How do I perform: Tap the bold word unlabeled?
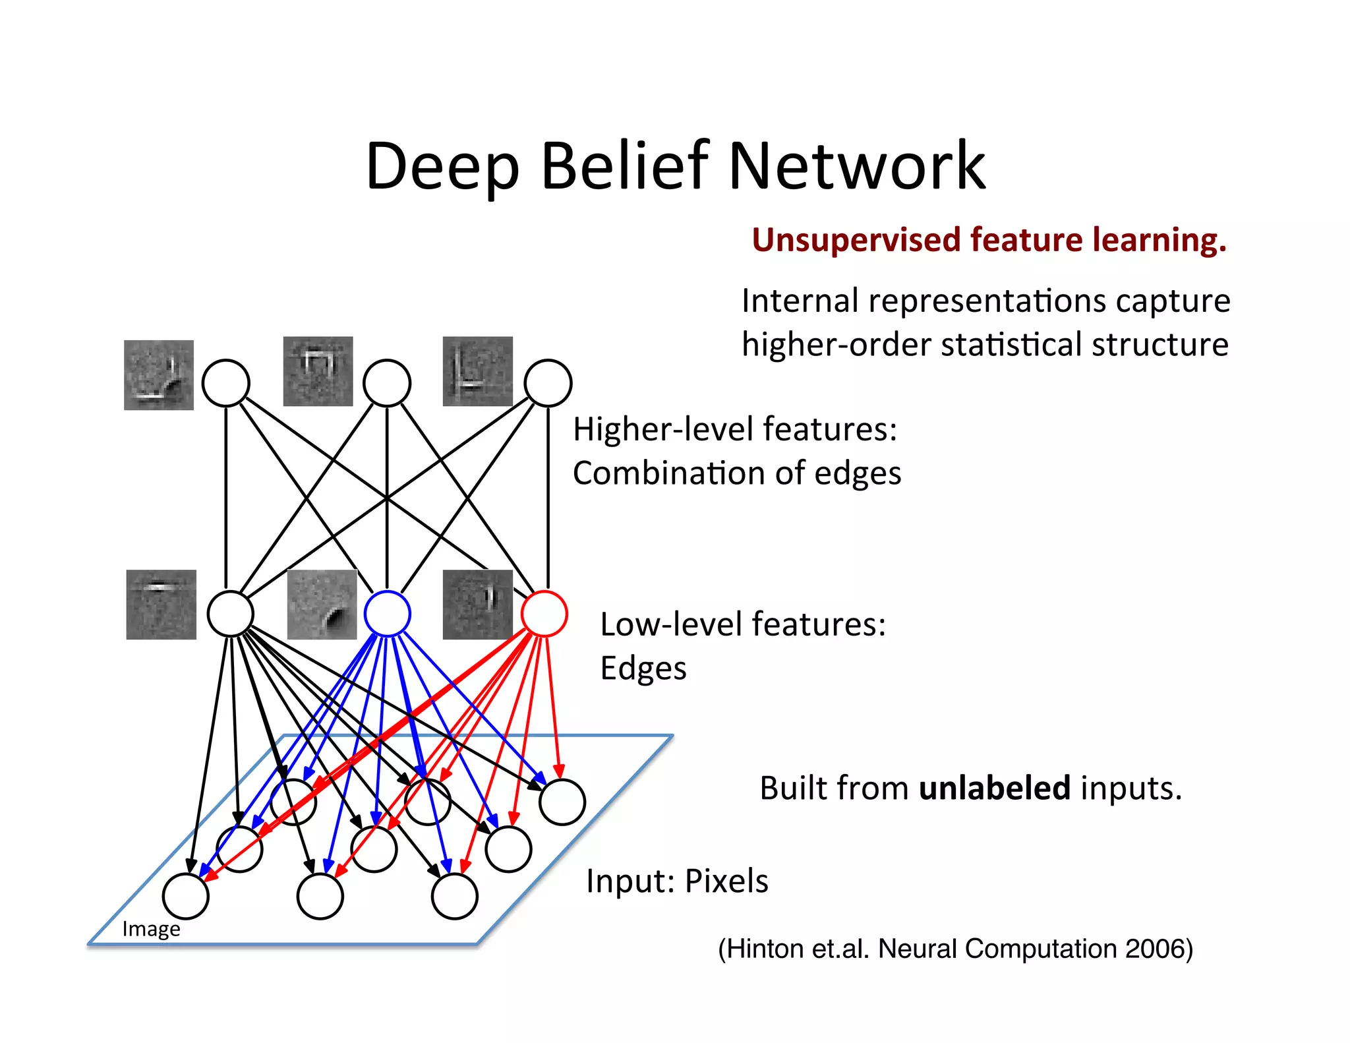click(994, 788)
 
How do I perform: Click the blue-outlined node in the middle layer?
click(388, 614)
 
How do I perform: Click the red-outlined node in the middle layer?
click(544, 614)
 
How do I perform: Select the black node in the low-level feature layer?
click(231, 614)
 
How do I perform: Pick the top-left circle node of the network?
click(226, 382)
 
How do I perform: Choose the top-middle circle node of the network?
click(388, 382)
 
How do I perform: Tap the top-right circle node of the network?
click(548, 382)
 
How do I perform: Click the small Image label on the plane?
click(151, 929)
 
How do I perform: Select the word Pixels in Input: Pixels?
click(726, 881)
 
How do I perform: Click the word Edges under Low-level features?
click(643, 668)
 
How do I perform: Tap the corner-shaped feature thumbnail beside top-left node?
click(159, 375)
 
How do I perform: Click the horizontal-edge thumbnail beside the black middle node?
click(161, 605)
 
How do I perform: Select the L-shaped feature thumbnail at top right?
click(477, 371)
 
